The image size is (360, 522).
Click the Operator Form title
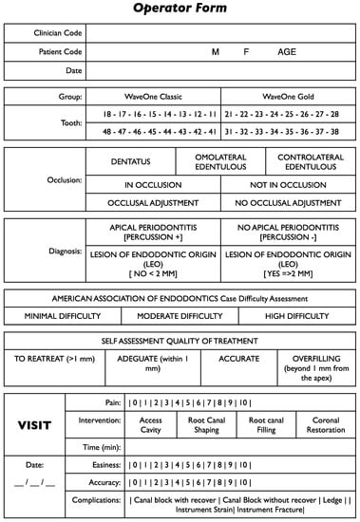click(180, 9)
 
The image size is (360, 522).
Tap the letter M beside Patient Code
click(215, 52)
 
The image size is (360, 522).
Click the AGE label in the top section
click(286, 52)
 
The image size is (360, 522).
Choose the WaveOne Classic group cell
click(159, 96)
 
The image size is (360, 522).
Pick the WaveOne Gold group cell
click(288, 96)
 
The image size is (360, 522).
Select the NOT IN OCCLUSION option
click(288, 185)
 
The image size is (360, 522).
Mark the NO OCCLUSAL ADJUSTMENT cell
click(288, 202)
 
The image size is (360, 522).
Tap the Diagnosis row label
click(62, 252)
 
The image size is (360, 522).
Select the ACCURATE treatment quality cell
click(238, 360)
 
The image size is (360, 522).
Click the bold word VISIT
click(34, 425)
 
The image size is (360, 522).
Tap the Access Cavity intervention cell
click(151, 424)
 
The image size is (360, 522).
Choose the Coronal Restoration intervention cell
click(326, 424)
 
